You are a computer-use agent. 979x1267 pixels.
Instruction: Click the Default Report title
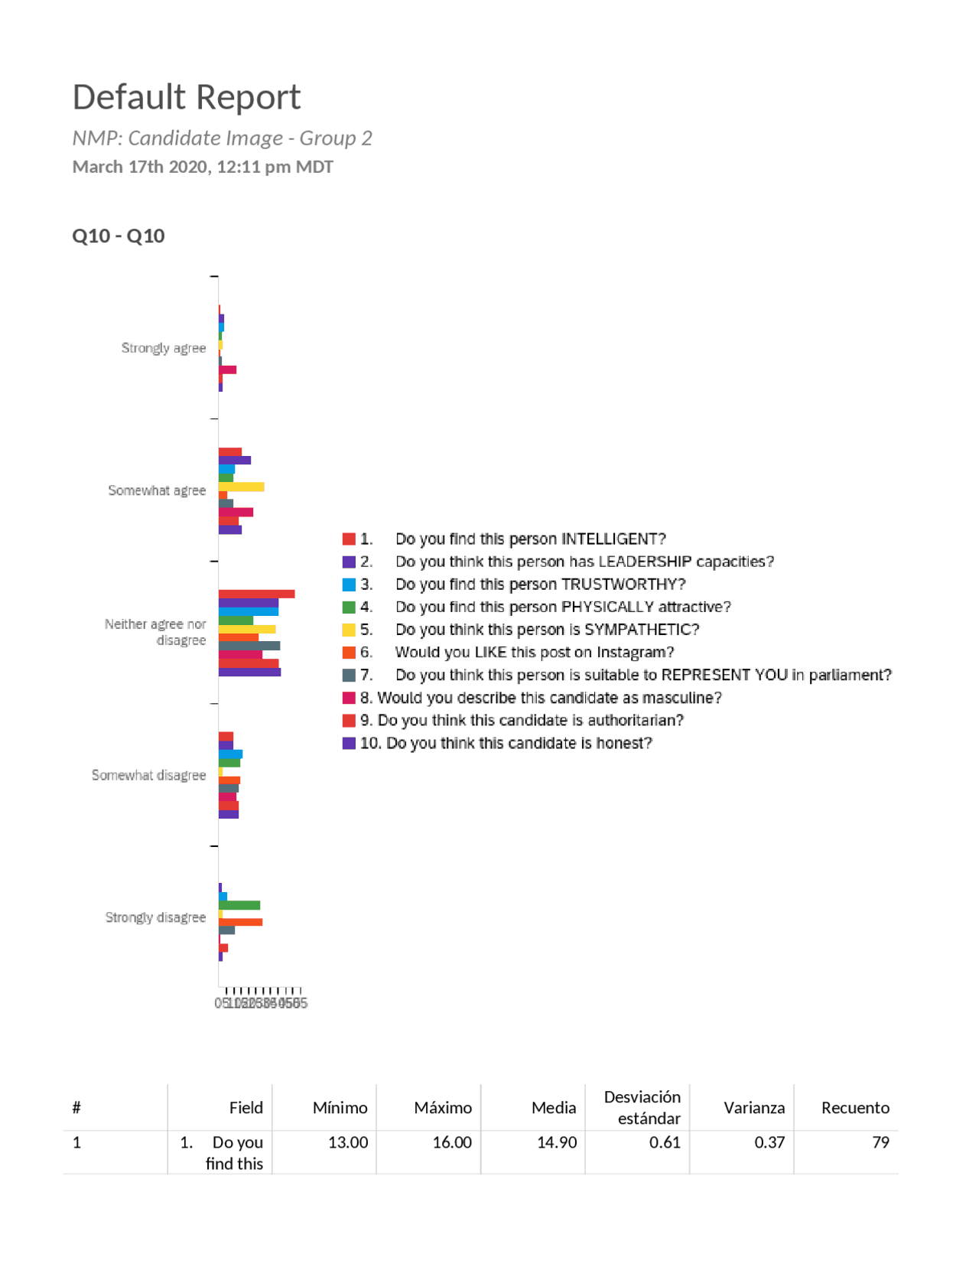pos(186,97)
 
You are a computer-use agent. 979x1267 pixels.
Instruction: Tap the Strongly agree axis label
pos(163,348)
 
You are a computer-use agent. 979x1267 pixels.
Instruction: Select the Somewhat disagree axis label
pos(148,775)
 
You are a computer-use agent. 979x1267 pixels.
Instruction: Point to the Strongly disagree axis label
pos(155,917)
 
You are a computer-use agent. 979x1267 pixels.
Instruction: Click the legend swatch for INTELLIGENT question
pos(349,539)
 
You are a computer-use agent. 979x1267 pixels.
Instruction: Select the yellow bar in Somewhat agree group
pos(241,487)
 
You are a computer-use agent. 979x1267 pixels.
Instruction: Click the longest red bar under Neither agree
pos(256,594)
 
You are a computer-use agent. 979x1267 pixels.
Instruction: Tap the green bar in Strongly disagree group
pos(239,905)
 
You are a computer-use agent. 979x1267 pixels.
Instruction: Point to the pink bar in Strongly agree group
pos(227,370)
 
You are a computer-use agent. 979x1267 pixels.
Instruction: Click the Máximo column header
pos(442,1108)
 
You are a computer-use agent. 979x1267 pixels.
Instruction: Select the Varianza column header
pos(753,1108)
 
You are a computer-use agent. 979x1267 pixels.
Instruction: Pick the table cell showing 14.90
pos(556,1142)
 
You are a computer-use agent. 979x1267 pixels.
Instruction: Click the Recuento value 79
pos(880,1142)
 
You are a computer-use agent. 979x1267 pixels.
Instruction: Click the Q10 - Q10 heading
pos(119,236)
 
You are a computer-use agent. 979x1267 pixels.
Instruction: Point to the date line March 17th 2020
pos(203,167)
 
